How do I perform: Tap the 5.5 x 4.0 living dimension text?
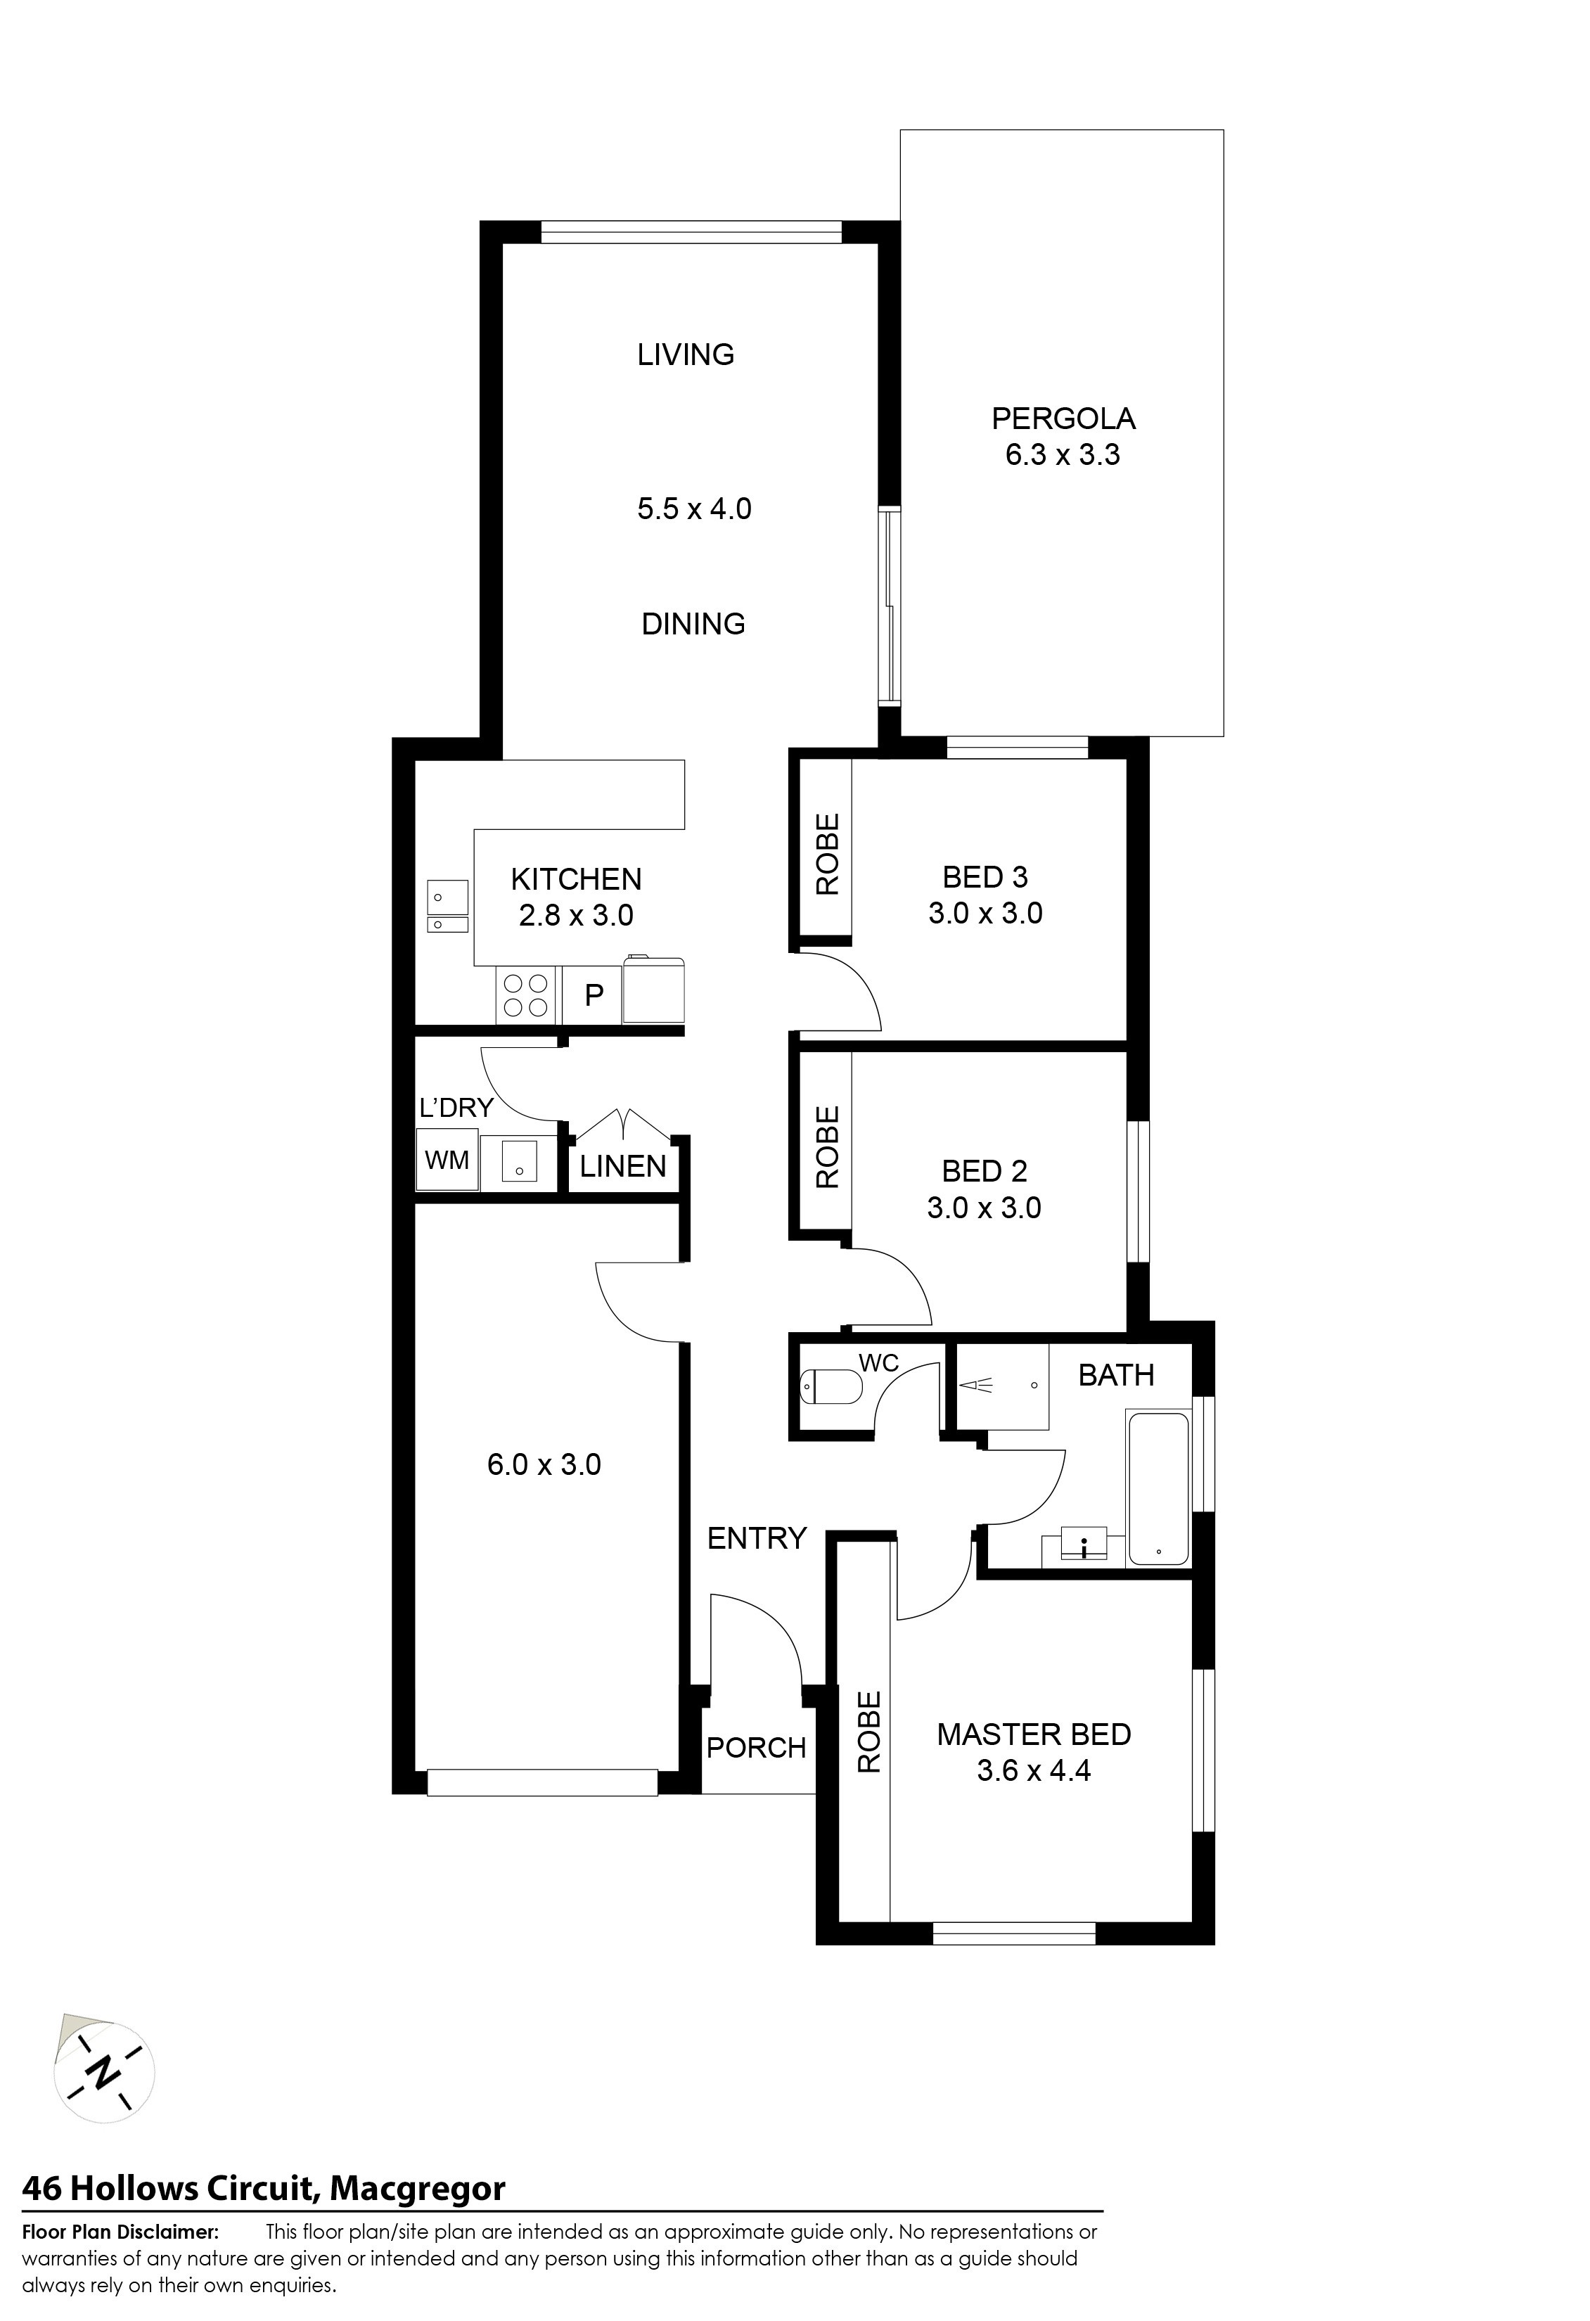point(694,509)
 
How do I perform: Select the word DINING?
point(693,624)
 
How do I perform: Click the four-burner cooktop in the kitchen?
point(525,995)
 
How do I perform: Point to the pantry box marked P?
point(594,995)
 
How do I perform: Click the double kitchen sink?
point(447,906)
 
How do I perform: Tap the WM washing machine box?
point(447,1160)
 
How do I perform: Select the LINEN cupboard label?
point(623,1167)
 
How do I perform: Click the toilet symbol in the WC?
point(831,1386)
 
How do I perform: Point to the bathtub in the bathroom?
point(1158,1489)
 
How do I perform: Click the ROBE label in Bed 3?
point(828,854)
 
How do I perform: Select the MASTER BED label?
point(1034,1734)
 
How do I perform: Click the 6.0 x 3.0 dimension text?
point(544,1464)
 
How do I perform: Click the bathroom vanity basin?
point(1084,1545)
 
